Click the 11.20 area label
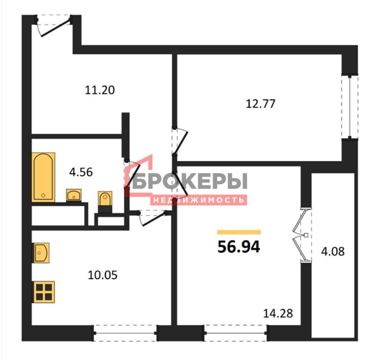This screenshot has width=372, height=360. coord(100,90)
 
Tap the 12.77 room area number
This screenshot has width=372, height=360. coord(261,104)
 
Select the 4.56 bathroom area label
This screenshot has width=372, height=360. coord(81,172)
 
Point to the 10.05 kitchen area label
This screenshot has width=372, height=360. coord(102,275)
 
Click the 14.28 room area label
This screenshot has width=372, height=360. coord(278,314)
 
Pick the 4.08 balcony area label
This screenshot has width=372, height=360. coord(333,251)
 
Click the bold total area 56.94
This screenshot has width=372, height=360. coord(239,247)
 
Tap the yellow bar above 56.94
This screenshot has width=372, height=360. coord(239,232)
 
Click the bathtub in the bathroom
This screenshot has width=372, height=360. coord(43,177)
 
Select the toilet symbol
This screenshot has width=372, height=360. coord(105,202)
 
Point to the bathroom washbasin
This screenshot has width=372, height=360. coord(73,196)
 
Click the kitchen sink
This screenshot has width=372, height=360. coord(41,253)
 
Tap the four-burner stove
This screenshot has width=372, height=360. coord(44,292)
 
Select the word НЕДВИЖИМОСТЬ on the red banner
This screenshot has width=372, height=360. coord(198,200)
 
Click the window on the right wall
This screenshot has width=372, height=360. coord(350,107)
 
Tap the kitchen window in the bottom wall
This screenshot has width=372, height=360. coord(125,333)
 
